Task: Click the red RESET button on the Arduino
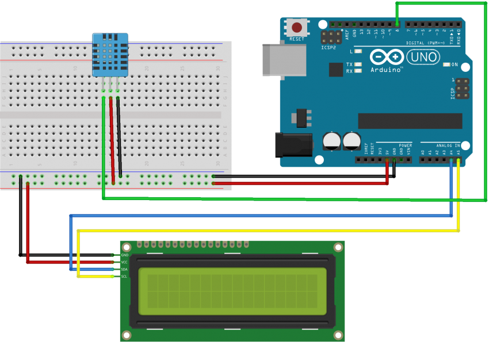pyautogui.click(x=297, y=27)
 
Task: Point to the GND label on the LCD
pyautogui.click(x=124, y=255)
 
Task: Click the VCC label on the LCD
pyautogui.click(x=124, y=262)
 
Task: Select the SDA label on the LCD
pyautogui.click(x=124, y=269)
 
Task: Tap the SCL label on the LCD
pyautogui.click(x=124, y=277)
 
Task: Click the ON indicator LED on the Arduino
pyautogui.click(x=447, y=64)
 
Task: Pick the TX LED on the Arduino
pyautogui.click(x=358, y=64)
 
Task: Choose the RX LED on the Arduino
pyautogui.click(x=358, y=71)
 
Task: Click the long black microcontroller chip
pyautogui.click(x=410, y=121)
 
